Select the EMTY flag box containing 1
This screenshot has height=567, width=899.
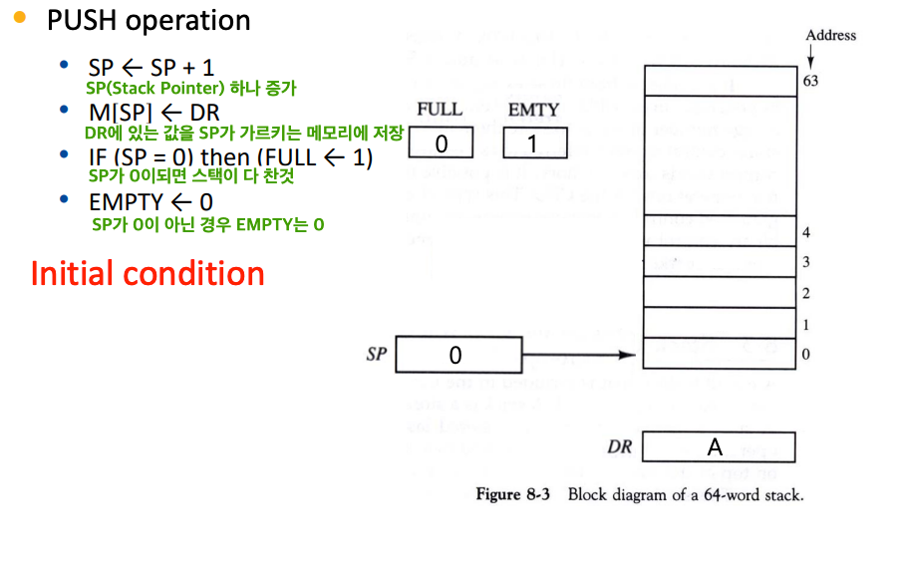click(x=534, y=144)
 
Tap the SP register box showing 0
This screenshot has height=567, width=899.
click(x=458, y=355)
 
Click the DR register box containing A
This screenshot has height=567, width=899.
click(x=719, y=447)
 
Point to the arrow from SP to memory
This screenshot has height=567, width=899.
click(x=579, y=355)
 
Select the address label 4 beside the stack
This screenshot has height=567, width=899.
click(x=805, y=232)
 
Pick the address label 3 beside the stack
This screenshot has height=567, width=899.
click(x=805, y=263)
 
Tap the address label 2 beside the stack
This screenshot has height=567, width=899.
click(x=805, y=294)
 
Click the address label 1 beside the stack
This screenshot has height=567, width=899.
click(x=805, y=325)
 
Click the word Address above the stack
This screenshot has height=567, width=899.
click(x=830, y=35)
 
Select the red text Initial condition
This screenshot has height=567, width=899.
click(x=148, y=274)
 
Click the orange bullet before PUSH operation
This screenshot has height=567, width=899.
click(x=19, y=19)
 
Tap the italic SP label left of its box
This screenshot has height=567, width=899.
click(x=376, y=354)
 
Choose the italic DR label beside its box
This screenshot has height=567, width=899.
click(x=620, y=447)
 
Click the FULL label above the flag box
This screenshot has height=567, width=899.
click(x=440, y=109)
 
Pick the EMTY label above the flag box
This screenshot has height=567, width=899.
click(x=533, y=109)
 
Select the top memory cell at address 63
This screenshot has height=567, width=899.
click(x=720, y=81)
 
